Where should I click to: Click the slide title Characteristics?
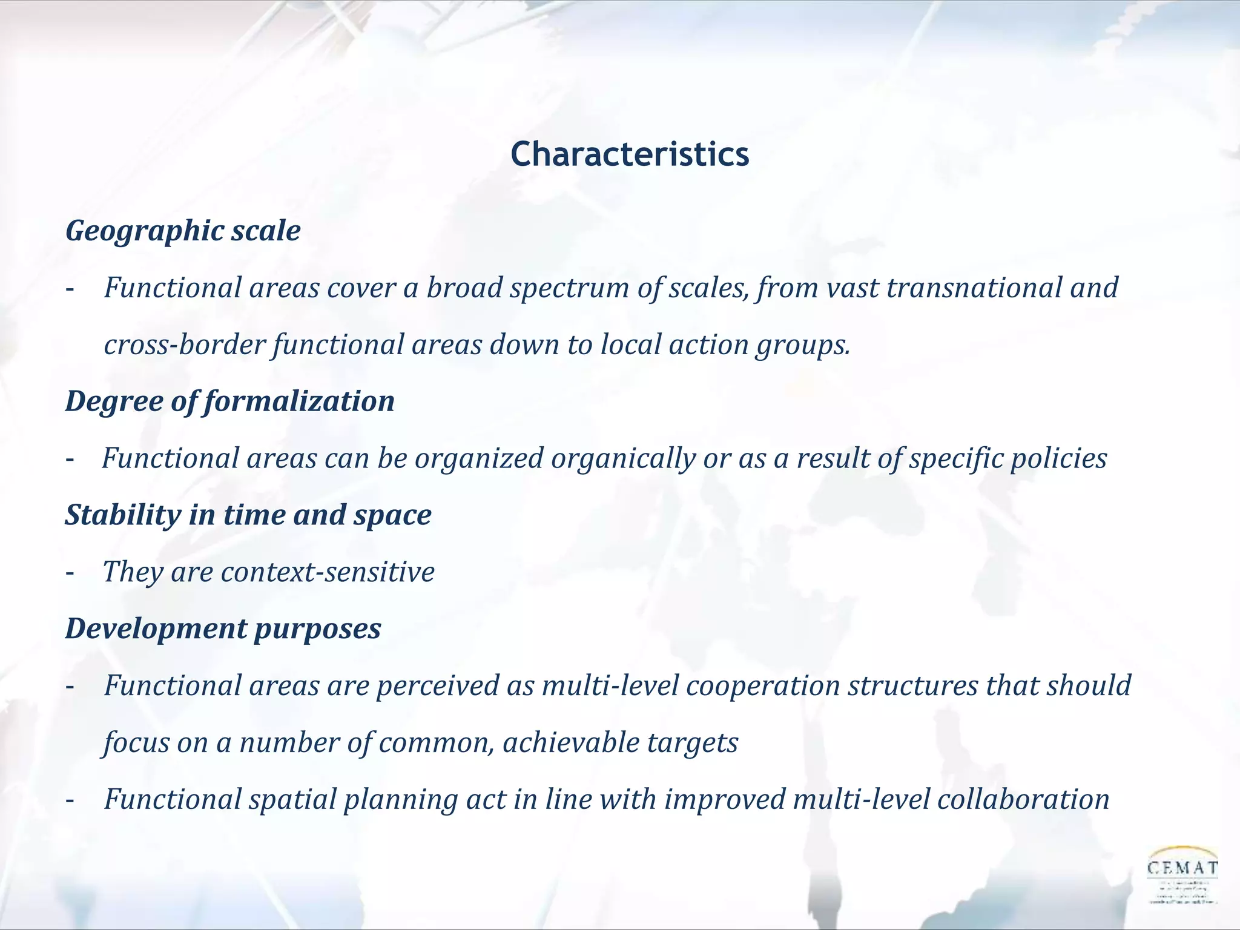pyautogui.click(x=630, y=155)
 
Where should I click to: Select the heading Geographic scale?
pyautogui.click(x=183, y=231)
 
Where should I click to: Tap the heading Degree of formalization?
pyautogui.click(x=230, y=401)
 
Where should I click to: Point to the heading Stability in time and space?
pyautogui.click(x=248, y=515)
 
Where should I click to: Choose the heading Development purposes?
pyautogui.click(x=223, y=628)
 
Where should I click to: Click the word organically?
pyautogui.click(x=623, y=459)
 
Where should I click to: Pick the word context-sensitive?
pyautogui.click(x=328, y=572)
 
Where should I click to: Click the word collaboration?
pyautogui.click(x=1023, y=799)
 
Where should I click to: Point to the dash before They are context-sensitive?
pyautogui.click(x=70, y=572)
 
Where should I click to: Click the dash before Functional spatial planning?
pyautogui.click(x=70, y=800)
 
